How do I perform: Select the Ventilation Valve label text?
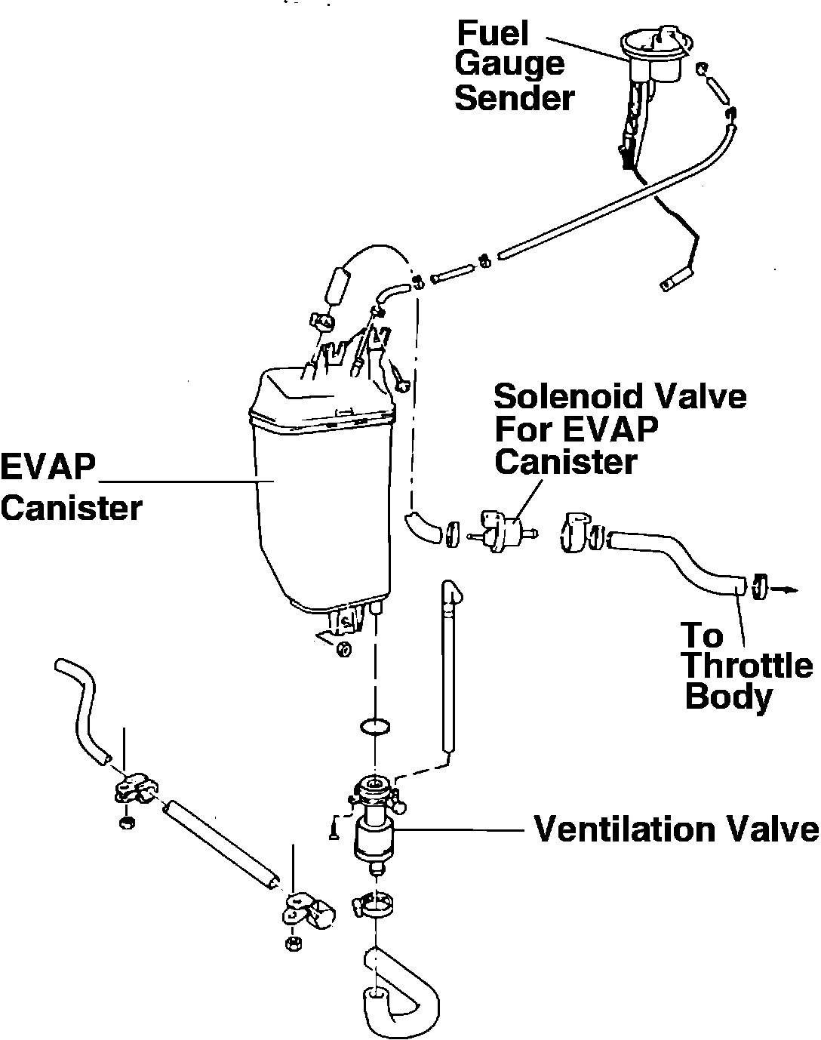676,829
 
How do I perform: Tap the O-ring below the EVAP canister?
376,727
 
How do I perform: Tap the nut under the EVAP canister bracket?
343,648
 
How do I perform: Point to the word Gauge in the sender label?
509,66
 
